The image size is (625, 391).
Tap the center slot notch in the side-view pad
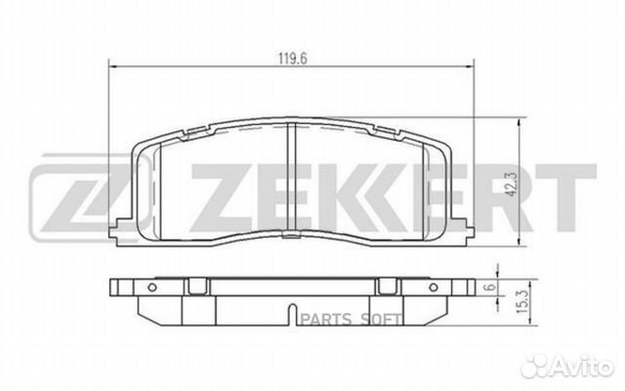click(291, 316)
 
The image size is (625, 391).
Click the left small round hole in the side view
click(153, 286)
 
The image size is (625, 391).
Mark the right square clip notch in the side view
click(388, 285)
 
